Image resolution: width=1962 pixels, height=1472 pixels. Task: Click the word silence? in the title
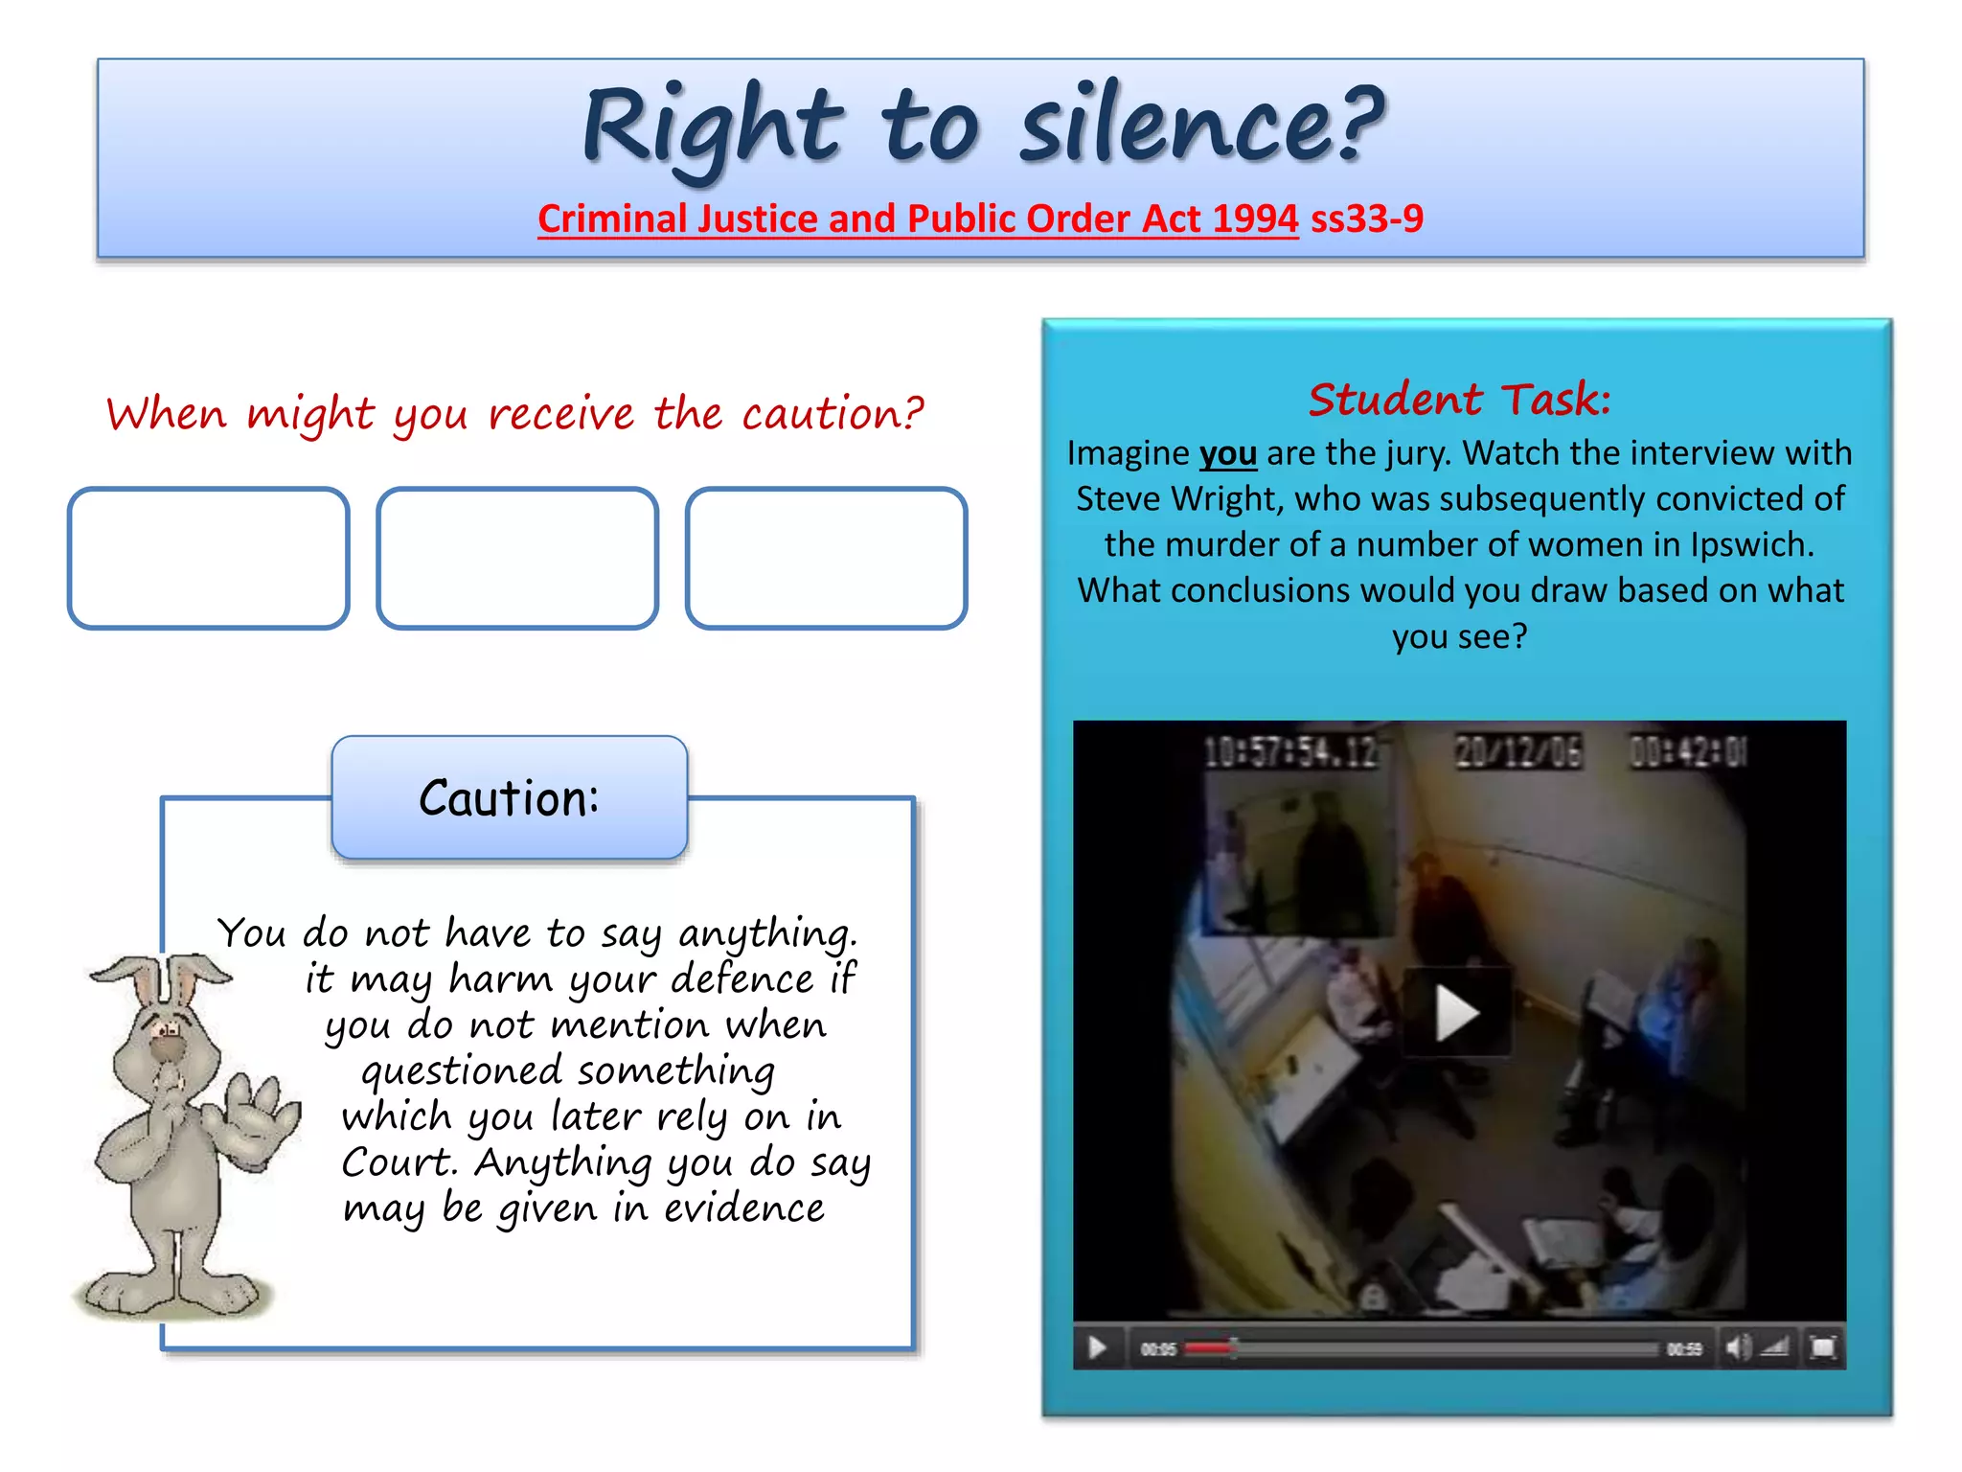1202,126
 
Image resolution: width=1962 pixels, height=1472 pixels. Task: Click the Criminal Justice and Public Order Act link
918,218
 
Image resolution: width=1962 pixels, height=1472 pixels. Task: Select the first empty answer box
208,558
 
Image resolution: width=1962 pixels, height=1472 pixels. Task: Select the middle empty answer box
517,558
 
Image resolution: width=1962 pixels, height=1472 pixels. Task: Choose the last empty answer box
826,558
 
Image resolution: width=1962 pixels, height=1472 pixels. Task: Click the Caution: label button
510,797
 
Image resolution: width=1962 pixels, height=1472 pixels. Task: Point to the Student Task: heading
1459,399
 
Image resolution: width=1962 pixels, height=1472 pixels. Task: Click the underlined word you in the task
1227,453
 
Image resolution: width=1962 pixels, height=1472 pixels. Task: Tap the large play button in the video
1457,1012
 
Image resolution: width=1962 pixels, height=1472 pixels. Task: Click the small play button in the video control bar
1097,1348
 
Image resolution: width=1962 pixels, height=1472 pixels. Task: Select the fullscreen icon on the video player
1822,1348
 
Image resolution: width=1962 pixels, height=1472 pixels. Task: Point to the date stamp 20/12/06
1518,752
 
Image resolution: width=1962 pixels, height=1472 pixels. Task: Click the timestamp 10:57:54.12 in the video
1289,752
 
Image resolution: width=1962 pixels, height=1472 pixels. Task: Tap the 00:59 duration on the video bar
1684,1349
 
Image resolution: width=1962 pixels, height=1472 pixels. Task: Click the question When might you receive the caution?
515,414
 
